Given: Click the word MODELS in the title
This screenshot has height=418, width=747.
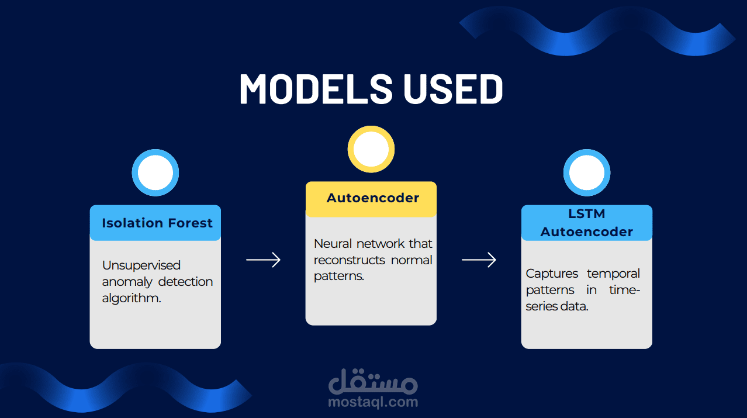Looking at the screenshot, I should (x=316, y=89).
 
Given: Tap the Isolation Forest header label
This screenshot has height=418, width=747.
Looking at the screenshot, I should (x=157, y=223).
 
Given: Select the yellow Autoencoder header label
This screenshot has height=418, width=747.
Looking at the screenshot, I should (x=372, y=198).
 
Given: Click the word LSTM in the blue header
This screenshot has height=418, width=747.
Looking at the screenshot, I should (x=586, y=215).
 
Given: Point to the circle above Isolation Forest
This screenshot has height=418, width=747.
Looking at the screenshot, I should (x=155, y=173).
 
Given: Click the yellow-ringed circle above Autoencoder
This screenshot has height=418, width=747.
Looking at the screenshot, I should (x=371, y=149).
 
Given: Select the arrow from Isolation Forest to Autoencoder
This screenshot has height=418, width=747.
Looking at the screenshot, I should (x=263, y=260).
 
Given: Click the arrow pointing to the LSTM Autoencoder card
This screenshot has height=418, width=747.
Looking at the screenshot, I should (x=479, y=260).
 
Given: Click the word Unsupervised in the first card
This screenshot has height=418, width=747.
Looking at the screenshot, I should (x=141, y=265).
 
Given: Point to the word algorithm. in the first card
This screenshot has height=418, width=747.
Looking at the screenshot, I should (x=132, y=298).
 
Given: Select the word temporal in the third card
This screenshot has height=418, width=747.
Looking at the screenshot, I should (x=613, y=274).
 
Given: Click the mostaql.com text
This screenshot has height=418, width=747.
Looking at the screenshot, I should (x=373, y=402).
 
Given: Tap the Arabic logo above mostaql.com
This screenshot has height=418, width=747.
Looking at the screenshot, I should (x=373, y=382).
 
